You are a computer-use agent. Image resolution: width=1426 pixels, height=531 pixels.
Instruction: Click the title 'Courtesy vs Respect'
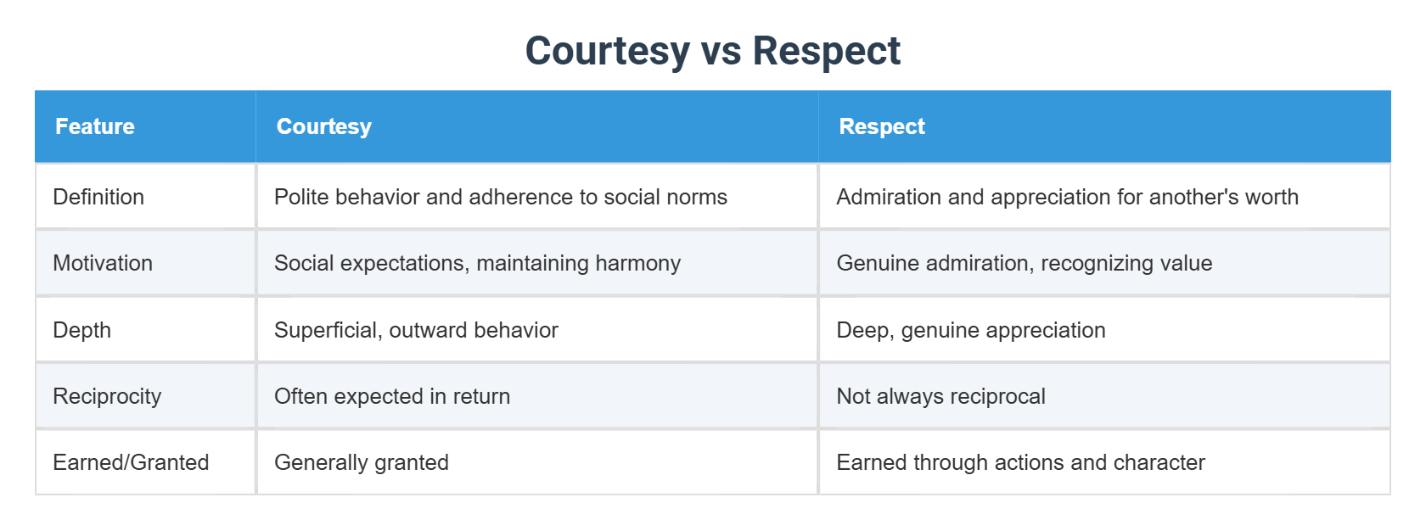(712, 51)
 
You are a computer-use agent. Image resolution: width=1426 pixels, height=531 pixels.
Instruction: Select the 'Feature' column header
(95, 126)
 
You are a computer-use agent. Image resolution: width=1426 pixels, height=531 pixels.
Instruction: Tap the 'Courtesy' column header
(323, 126)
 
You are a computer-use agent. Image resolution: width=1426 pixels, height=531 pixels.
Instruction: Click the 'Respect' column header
(881, 126)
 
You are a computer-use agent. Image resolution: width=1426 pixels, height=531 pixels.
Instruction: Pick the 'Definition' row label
(98, 197)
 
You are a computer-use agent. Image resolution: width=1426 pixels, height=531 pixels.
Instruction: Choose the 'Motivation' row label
(103, 263)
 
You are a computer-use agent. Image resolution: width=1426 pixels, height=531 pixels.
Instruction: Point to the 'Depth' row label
(81, 330)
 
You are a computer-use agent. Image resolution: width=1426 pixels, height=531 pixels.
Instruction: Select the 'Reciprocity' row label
(107, 396)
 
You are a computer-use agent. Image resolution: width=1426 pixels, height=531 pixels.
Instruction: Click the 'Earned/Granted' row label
(131, 462)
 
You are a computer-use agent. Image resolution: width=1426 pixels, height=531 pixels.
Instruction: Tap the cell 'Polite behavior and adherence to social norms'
(501, 197)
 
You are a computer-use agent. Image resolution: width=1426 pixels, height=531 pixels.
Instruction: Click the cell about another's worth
(1067, 197)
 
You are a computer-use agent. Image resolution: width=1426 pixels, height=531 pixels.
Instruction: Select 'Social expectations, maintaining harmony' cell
(477, 263)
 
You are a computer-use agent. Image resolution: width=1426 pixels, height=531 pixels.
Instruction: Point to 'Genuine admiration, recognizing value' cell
(1024, 263)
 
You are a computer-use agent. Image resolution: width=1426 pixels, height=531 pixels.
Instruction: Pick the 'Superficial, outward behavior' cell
(416, 330)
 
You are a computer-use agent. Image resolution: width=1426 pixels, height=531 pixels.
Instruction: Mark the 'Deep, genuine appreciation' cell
(970, 330)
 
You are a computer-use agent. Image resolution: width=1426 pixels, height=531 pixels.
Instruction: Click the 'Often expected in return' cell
(392, 396)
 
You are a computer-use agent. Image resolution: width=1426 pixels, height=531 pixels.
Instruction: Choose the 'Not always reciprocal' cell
(940, 396)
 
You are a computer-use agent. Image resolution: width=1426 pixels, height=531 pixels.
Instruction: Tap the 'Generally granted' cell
(362, 462)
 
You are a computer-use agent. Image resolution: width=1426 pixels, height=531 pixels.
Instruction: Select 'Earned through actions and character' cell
(1020, 462)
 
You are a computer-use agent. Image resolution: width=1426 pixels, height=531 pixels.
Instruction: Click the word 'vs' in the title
(721, 51)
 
